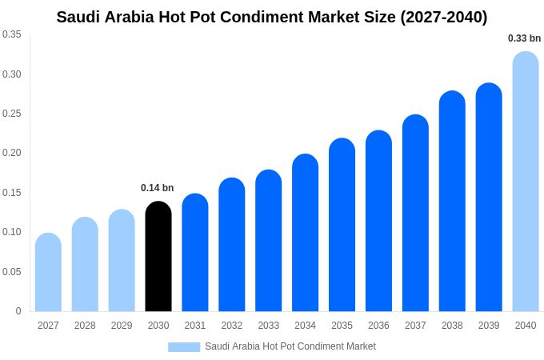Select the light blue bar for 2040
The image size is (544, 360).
526,182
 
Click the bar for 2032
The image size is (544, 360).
232,245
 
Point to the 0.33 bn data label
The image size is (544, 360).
524,38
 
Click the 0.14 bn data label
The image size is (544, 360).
157,188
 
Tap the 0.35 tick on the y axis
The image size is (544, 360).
12,34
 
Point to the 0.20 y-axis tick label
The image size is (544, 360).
12,153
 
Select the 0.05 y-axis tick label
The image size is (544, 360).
12,272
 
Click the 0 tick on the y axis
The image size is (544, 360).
18,311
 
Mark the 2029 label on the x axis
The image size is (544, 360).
122,326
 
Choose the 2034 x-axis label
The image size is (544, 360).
305,326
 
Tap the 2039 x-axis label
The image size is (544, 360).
489,326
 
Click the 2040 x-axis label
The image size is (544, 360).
526,326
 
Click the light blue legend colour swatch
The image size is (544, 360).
184,346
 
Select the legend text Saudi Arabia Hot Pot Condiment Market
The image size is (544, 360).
290,346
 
